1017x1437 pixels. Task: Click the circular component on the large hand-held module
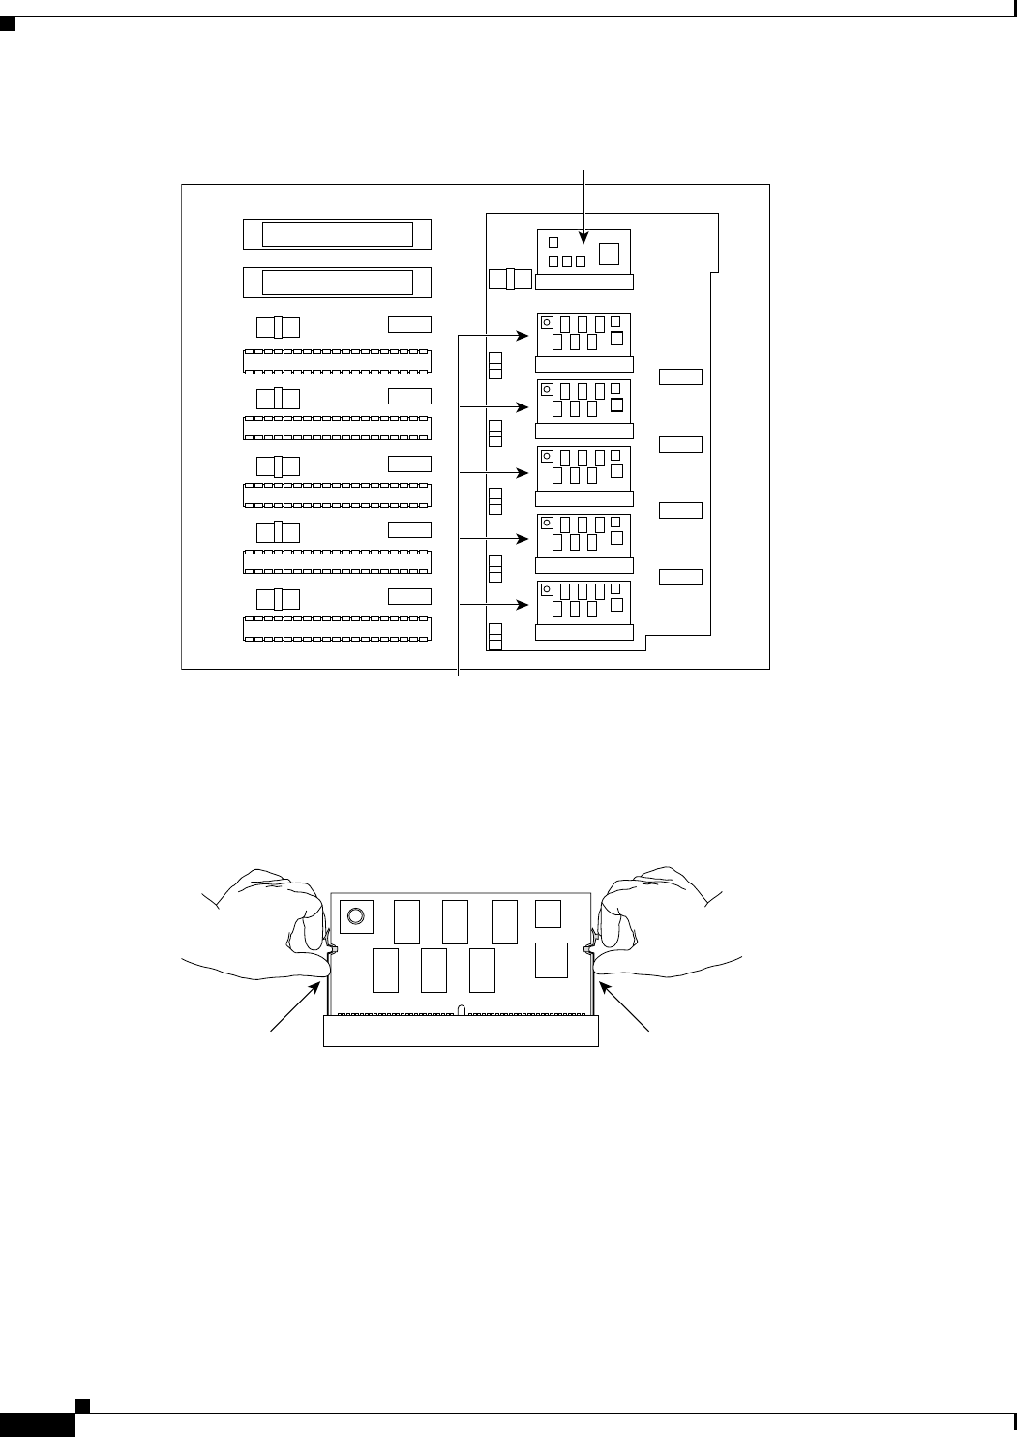pos(356,915)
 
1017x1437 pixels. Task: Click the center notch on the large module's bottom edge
pos(462,1010)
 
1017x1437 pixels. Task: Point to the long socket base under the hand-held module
pos(461,1031)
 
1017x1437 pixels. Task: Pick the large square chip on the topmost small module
pos(609,254)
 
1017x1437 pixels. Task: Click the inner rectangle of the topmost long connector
pos(337,234)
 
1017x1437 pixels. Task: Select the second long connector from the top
pos(337,282)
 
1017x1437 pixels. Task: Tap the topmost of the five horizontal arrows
pos(494,336)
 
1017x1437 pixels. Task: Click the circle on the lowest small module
pos(547,589)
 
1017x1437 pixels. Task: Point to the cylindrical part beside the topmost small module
pos(510,280)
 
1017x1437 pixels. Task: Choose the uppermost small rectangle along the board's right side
pos(680,376)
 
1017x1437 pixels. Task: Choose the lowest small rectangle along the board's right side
pos(680,578)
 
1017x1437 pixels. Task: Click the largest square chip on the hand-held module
pos(551,958)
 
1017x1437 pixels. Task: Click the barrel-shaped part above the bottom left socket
pos(278,598)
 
